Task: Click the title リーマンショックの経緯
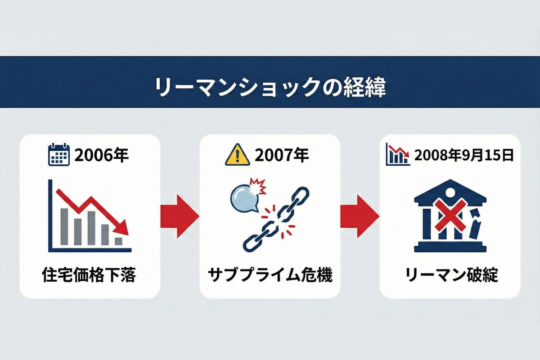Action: click(x=270, y=86)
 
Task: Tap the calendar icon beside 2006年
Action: click(x=59, y=155)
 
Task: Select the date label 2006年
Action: click(x=102, y=155)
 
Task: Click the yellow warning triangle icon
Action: click(x=237, y=155)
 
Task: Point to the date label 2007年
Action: click(x=282, y=155)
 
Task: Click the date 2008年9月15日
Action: click(x=463, y=155)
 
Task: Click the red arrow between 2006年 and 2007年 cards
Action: click(x=180, y=216)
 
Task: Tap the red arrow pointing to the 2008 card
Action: click(x=360, y=216)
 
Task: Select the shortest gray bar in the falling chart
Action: click(x=119, y=241)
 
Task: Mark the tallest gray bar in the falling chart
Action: click(x=91, y=228)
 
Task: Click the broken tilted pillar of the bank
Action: click(x=475, y=228)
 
